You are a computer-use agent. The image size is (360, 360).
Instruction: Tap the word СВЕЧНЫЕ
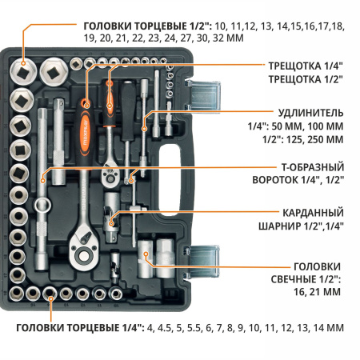point(314,279)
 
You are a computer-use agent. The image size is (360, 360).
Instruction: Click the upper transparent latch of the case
point(204,90)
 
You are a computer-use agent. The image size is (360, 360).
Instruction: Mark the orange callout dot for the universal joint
point(113,214)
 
